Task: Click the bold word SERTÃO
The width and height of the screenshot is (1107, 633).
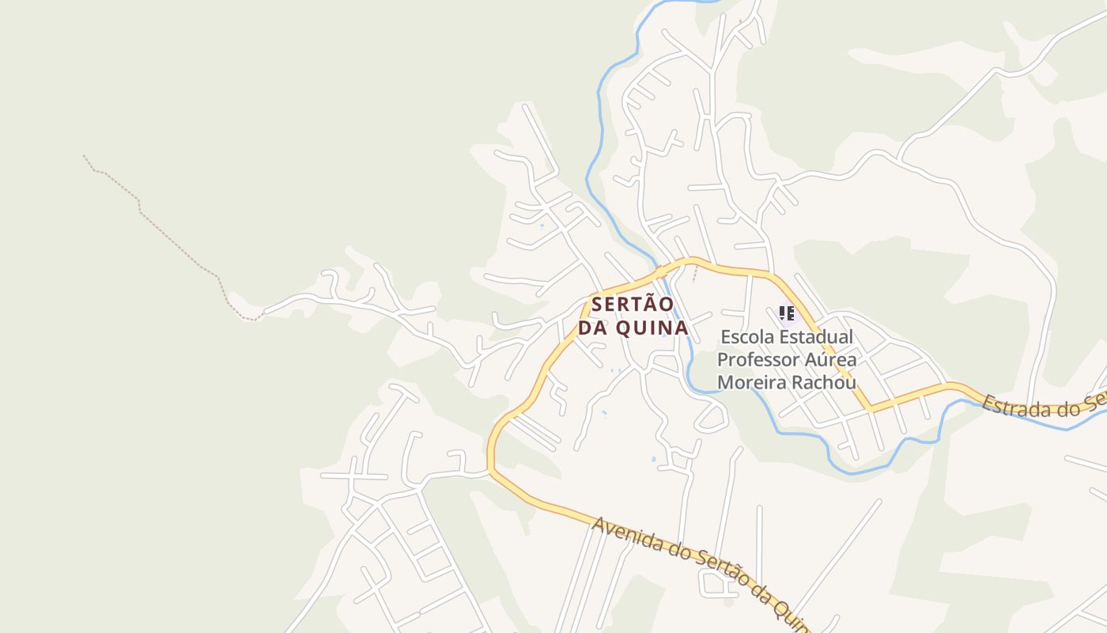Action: point(633,304)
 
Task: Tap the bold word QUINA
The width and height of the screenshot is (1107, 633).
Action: point(652,328)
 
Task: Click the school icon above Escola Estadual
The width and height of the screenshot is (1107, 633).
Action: point(786,313)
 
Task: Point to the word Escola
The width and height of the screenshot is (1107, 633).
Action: point(747,337)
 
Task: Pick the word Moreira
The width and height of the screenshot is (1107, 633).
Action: point(752,383)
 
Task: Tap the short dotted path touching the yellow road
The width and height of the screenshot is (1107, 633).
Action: point(695,272)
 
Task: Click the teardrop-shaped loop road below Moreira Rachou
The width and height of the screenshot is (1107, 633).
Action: point(712,418)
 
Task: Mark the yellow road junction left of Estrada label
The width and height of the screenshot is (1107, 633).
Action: point(871,409)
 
